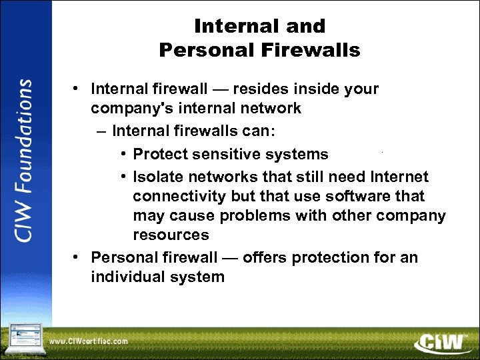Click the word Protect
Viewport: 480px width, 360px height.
click(x=160, y=155)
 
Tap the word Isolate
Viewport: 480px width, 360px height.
click(x=157, y=177)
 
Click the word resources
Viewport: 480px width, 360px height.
click(x=171, y=235)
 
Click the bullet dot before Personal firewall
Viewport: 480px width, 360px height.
click(x=78, y=257)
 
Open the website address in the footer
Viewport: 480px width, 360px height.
click(x=89, y=341)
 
